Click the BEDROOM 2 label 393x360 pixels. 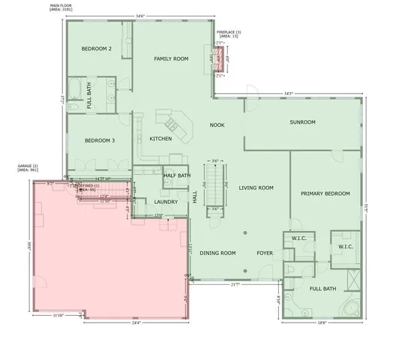pos(96,49)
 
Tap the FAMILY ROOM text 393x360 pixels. pos(171,58)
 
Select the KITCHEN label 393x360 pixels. pos(160,139)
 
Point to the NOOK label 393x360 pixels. pos(217,125)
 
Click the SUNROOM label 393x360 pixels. pos(302,122)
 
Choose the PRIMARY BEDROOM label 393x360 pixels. pos(325,193)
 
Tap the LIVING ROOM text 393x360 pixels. pos(256,188)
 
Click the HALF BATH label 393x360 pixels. pos(177,175)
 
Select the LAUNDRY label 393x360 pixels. pos(165,202)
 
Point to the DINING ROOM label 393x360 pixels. pos(217,253)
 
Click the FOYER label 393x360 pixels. pos(264,253)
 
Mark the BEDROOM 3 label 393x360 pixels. pos(99,140)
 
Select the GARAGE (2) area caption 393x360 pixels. pos(28,167)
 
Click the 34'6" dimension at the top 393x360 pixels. pos(139,16)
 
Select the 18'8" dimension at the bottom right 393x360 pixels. pos(322,322)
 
